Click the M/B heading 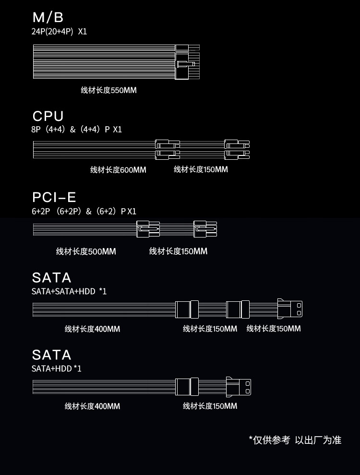point(48,18)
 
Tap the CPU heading point(48,116)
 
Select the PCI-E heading point(54,197)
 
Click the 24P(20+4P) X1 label point(60,32)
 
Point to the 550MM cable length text point(108,90)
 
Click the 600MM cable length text point(118,170)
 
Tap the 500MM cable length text point(86,251)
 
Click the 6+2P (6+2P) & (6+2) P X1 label point(84,211)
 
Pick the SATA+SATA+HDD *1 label point(69,291)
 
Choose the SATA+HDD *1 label point(57,368)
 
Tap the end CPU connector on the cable point(237,149)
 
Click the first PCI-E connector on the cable point(148,229)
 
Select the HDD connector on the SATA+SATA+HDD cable point(290,309)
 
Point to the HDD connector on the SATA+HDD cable point(239,386)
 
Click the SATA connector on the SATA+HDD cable point(187,386)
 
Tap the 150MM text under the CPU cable point(201,169)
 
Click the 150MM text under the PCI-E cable point(178,251)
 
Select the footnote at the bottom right point(295,440)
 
